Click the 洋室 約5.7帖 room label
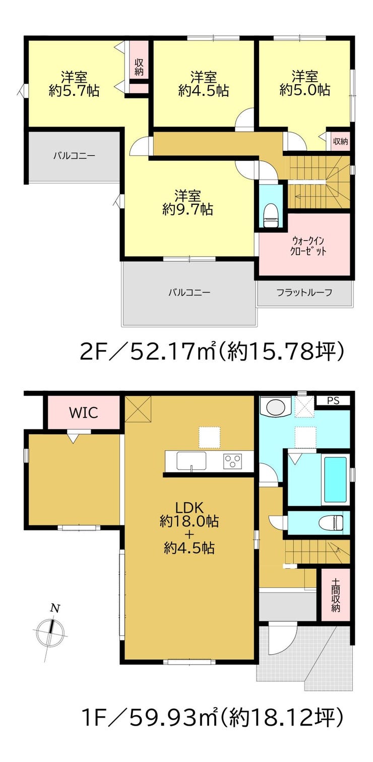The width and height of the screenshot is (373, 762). coord(74,84)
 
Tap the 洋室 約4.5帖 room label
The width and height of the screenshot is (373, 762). coord(203,84)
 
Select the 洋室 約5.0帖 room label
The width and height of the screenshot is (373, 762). coord(304,83)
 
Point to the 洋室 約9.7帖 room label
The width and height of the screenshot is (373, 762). coord(188,202)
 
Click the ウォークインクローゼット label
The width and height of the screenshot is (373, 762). coord(307,246)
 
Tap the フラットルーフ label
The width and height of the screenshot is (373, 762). coord(304,292)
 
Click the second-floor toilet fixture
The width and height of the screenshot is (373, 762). coord(271,216)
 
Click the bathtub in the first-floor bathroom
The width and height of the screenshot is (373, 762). coord(335,480)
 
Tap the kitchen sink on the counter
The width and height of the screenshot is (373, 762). coord(191,461)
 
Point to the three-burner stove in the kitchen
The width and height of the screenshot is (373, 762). coord(232,461)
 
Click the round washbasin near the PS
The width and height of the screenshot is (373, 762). coord(274,406)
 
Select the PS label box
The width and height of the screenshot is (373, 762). coord(333,400)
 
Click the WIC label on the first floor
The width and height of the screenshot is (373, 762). coord(84,413)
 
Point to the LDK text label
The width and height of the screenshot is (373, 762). coord(190,508)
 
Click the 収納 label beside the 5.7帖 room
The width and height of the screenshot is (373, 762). coord(139,67)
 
